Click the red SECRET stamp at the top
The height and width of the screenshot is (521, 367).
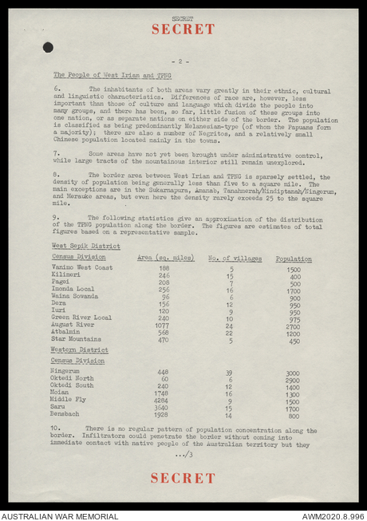(183, 29)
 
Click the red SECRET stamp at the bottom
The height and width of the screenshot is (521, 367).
(183, 478)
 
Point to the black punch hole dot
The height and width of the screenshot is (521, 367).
(49, 47)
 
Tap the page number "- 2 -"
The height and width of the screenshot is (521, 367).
(183, 61)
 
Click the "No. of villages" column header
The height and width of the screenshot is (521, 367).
(230, 259)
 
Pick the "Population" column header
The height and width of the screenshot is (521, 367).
(294, 259)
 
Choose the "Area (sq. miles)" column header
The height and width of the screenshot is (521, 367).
(166, 259)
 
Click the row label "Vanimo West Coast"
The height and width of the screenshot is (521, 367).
(81, 269)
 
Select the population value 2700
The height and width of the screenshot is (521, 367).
(294, 326)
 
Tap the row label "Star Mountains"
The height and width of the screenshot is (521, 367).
(77, 340)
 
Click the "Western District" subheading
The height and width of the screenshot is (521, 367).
(80, 350)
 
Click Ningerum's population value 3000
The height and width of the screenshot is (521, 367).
(294, 373)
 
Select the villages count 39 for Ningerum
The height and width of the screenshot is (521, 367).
(230, 373)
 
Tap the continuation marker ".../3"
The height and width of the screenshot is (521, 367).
(184, 454)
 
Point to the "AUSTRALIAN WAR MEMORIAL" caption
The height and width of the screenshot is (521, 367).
(60, 515)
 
